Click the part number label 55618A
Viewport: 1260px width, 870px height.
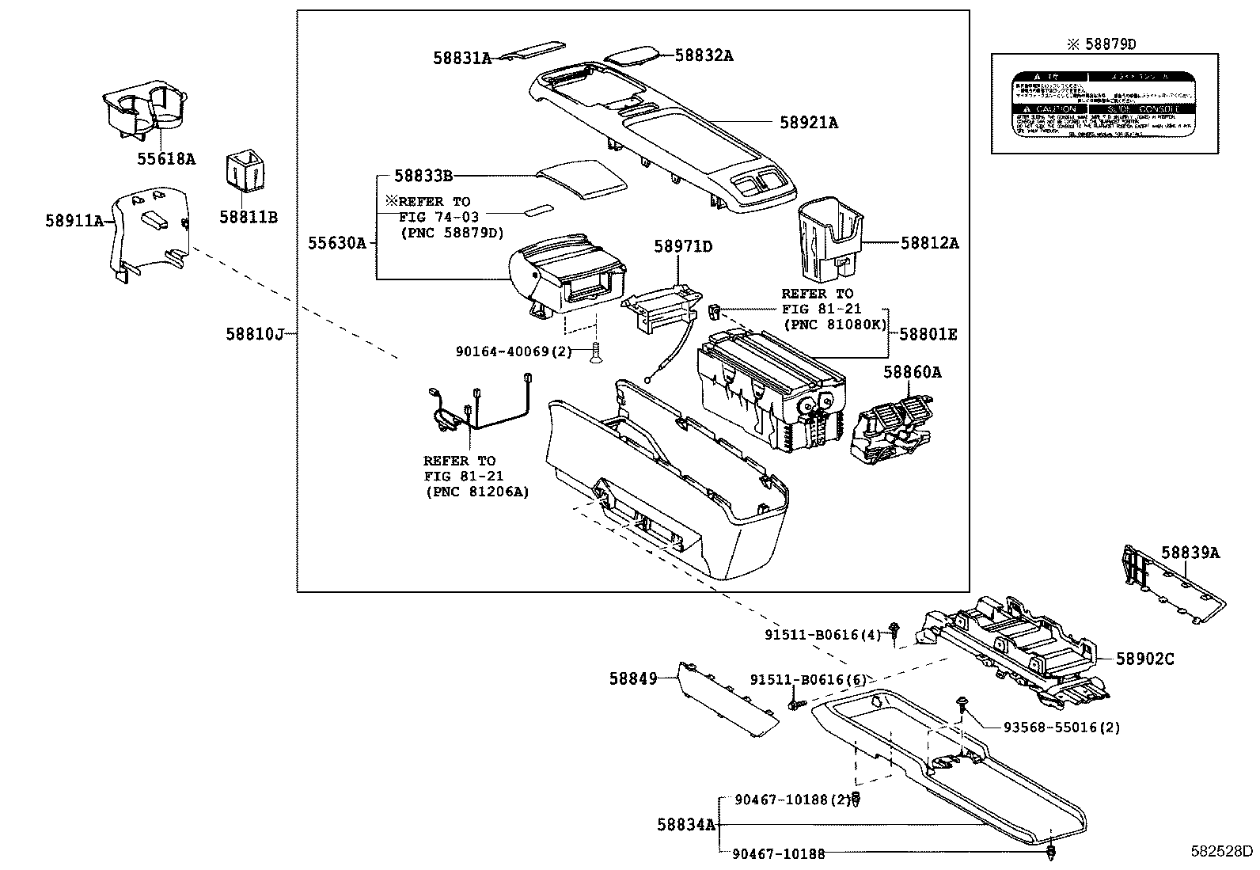point(165,158)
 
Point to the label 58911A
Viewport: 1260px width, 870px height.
point(74,221)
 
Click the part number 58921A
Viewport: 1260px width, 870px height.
point(808,123)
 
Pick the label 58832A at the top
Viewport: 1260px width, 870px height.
point(704,55)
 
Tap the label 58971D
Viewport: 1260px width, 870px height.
point(682,247)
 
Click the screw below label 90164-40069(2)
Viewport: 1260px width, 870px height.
point(594,355)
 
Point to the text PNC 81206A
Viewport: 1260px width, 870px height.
point(477,492)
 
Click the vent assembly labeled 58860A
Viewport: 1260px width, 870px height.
point(893,427)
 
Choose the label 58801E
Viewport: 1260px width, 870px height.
point(928,335)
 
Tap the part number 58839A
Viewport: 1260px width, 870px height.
point(1190,553)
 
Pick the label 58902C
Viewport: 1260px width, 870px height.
point(1144,658)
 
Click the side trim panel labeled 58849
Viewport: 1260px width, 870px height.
point(727,696)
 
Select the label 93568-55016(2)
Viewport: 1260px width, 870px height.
point(1061,727)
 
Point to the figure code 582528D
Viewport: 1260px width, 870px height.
point(1222,852)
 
